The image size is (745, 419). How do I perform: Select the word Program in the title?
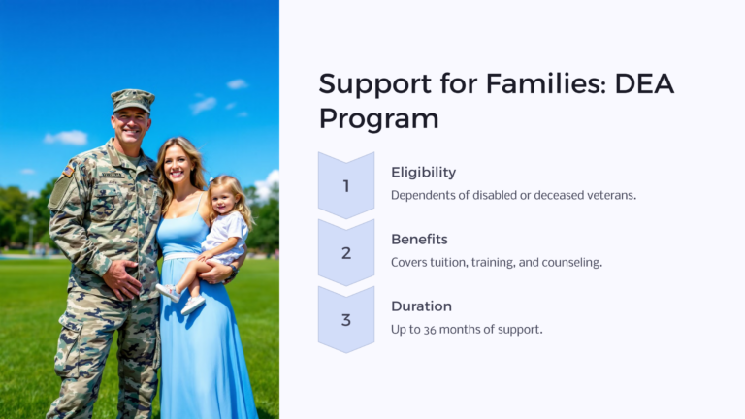[378, 118]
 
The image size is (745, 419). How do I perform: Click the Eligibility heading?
[423, 172]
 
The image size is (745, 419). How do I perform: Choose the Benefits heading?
[419, 239]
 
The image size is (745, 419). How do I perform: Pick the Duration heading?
[421, 306]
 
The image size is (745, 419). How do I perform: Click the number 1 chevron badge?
[346, 185]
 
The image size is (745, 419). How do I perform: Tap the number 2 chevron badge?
[346, 252]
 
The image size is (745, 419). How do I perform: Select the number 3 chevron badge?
[346, 319]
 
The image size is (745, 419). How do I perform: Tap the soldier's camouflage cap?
[132, 99]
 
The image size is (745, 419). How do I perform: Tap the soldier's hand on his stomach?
[125, 280]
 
